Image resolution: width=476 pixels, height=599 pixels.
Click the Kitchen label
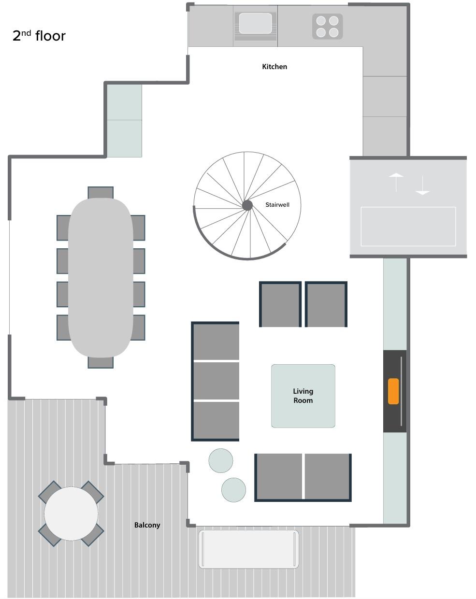coord(274,67)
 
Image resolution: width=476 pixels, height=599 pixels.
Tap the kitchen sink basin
coord(255,23)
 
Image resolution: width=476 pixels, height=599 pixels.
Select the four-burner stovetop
coord(327,27)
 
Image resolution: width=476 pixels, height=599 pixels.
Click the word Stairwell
coord(277,205)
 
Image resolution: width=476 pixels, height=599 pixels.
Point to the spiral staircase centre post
coord(247,205)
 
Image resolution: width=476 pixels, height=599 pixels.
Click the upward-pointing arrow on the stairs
coord(396,182)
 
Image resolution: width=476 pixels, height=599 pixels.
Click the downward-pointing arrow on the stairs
coord(422,185)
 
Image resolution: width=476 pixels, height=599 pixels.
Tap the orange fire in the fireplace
coord(393,391)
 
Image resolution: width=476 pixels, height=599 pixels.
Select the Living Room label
coord(303,396)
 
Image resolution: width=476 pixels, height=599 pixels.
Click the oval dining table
coord(100,277)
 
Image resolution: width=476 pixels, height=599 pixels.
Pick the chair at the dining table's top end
coord(100,193)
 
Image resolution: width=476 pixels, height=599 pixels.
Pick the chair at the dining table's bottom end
coord(100,362)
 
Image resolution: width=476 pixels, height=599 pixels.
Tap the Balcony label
coord(147,525)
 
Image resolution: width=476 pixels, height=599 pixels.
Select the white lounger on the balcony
coord(248,549)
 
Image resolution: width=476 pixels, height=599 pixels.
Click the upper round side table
coord(220,460)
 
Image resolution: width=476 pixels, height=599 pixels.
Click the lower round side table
coord(233,490)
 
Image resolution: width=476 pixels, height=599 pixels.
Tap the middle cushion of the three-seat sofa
coord(216,381)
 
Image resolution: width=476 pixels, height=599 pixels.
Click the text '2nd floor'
coord(39,36)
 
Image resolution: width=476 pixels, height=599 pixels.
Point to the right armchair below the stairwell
coord(326,304)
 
